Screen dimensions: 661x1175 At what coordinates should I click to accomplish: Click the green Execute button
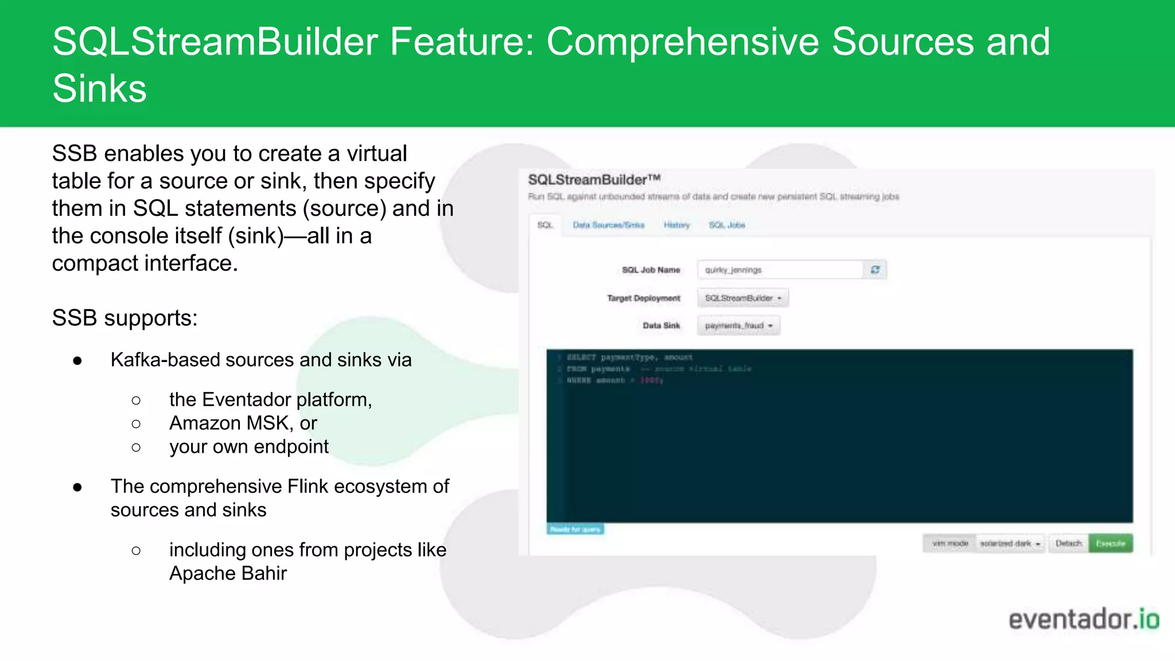pyautogui.click(x=1110, y=543)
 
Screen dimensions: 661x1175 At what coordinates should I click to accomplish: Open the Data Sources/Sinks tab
pyautogui.click(x=608, y=225)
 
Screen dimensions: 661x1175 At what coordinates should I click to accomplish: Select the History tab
pyautogui.click(x=676, y=225)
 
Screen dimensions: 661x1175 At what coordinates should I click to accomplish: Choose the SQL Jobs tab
pyautogui.click(x=727, y=225)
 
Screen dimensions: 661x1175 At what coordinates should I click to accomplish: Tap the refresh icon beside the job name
pyautogui.click(x=875, y=270)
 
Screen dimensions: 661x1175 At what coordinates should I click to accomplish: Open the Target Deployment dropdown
pyautogui.click(x=743, y=298)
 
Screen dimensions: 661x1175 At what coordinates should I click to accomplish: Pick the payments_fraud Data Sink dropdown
pyautogui.click(x=739, y=326)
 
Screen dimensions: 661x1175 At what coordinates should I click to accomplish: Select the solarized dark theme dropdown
pyautogui.click(x=1010, y=543)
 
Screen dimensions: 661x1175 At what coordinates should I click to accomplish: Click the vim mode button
pyautogui.click(x=950, y=543)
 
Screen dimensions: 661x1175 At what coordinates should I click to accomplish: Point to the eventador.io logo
pyautogui.click(x=1084, y=620)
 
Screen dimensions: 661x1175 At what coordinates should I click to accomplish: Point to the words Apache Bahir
pyautogui.click(x=228, y=573)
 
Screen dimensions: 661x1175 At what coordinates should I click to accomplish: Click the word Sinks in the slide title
pyautogui.click(x=100, y=88)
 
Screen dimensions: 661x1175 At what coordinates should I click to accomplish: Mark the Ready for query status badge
pyautogui.click(x=575, y=529)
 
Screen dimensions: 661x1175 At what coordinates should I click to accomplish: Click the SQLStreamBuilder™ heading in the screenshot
pyautogui.click(x=594, y=180)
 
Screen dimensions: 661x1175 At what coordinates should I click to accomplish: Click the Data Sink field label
pyautogui.click(x=661, y=326)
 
